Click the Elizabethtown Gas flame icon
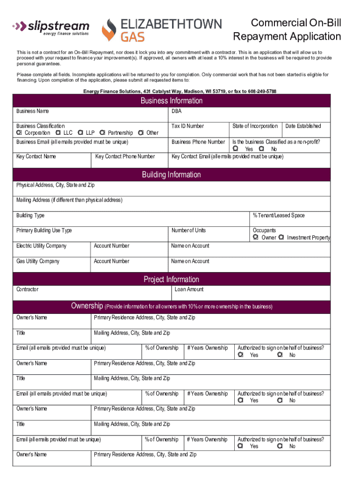click(110, 30)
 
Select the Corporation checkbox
click(19, 132)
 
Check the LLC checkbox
click(58, 132)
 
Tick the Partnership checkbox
click(102, 132)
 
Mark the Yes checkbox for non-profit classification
click(236, 148)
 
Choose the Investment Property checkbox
click(281, 237)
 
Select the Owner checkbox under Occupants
click(255, 237)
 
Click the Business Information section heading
click(172, 101)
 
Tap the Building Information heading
click(172, 174)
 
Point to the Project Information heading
click(172, 279)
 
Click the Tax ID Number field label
click(187, 126)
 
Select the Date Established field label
click(303, 126)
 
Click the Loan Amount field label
click(189, 290)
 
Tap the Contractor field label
click(28, 290)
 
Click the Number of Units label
click(188, 230)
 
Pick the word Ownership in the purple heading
click(87, 306)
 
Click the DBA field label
click(176, 111)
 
